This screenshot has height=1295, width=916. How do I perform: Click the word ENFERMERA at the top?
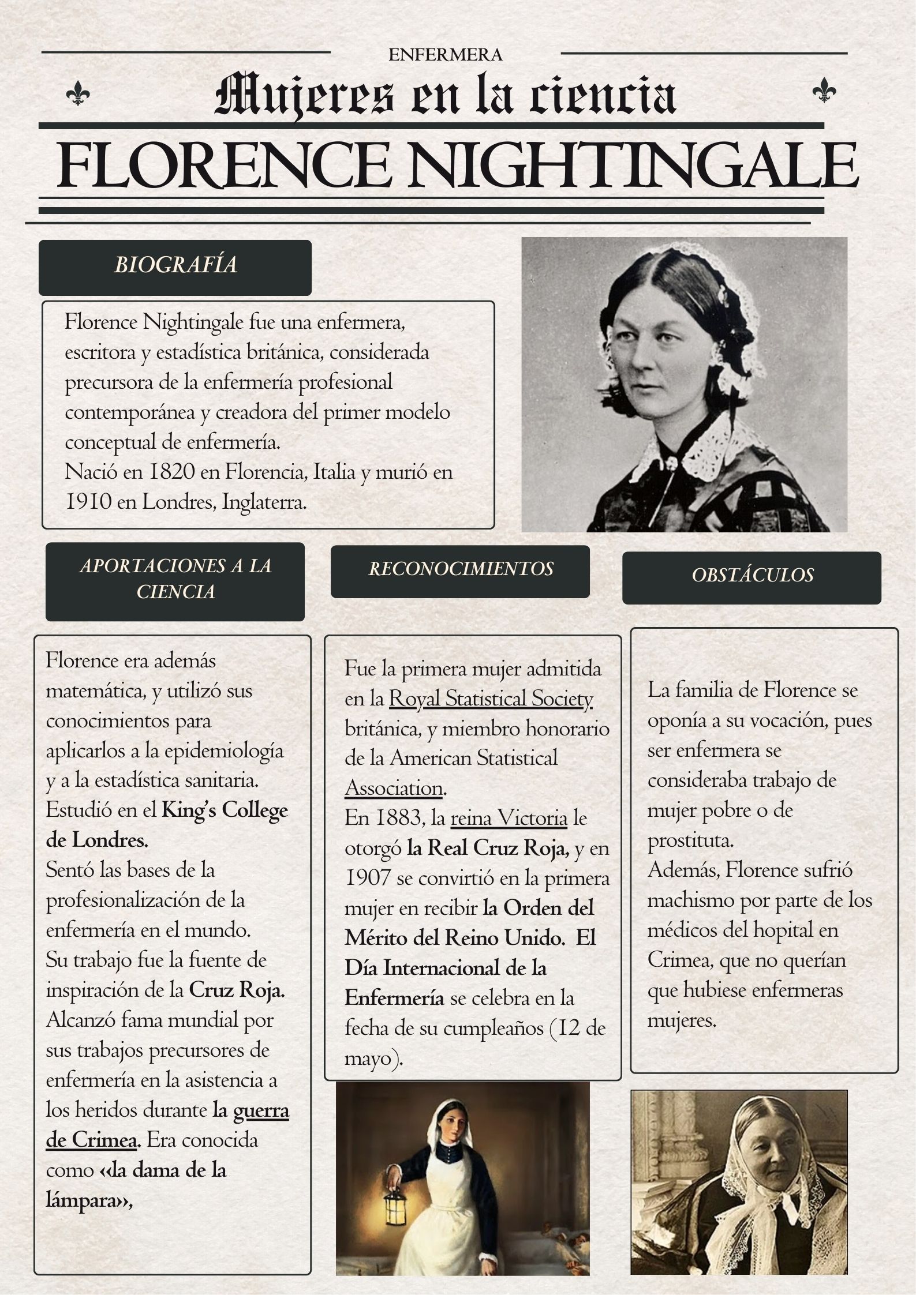click(x=445, y=55)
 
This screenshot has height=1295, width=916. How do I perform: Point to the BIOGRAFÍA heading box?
click(x=175, y=267)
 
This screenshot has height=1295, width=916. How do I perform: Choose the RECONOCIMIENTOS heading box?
click(x=460, y=570)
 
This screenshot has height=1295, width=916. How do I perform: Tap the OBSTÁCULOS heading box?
click(x=752, y=577)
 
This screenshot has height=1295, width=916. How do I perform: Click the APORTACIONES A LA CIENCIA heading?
click(x=175, y=580)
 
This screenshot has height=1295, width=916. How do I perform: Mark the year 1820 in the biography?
click(x=171, y=472)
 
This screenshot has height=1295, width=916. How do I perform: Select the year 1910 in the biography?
click(x=88, y=502)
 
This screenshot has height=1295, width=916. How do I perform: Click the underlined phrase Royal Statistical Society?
click(x=491, y=699)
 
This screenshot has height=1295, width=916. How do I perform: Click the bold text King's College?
click(x=225, y=811)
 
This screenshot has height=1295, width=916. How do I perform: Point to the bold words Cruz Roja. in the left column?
click(x=237, y=990)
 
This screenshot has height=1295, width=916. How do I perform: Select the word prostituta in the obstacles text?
click(x=690, y=841)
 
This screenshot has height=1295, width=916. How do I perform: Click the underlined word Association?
click(x=394, y=789)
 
